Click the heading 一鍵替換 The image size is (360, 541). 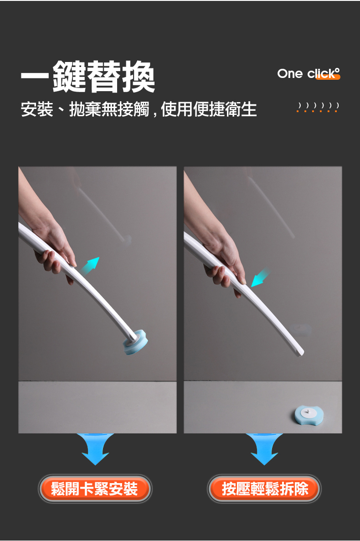[88, 77]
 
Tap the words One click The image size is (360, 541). [309, 73]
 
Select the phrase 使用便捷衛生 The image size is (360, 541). [209, 109]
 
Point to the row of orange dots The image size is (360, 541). [318, 111]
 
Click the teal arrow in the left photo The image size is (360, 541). [90, 265]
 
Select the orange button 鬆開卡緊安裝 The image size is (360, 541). [95, 489]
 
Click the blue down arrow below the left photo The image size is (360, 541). [95, 449]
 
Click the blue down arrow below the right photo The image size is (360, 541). [264, 449]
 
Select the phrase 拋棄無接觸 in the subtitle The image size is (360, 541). [109, 109]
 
